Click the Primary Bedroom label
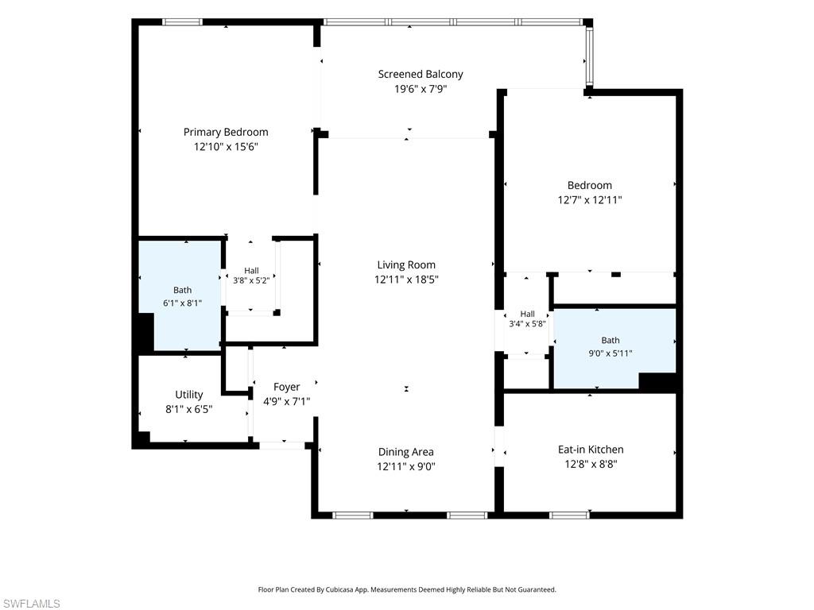[x=226, y=133]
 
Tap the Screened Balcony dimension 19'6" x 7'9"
[x=421, y=89]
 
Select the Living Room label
[x=406, y=265]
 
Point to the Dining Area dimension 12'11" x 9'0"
[x=406, y=466]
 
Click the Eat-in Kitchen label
[x=591, y=450]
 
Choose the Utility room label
[x=189, y=395]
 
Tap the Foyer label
[x=286, y=387]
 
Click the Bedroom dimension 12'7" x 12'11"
[x=590, y=199]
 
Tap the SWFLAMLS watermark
[x=31, y=604]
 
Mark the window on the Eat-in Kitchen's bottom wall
[x=569, y=515]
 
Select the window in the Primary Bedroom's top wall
[x=182, y=21]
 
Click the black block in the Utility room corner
[x=141, y=439]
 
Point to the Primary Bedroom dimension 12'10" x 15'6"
[x=226, y=147]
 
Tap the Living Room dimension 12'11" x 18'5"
[x=406, y=280]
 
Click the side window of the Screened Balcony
[x=589, y=57]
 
